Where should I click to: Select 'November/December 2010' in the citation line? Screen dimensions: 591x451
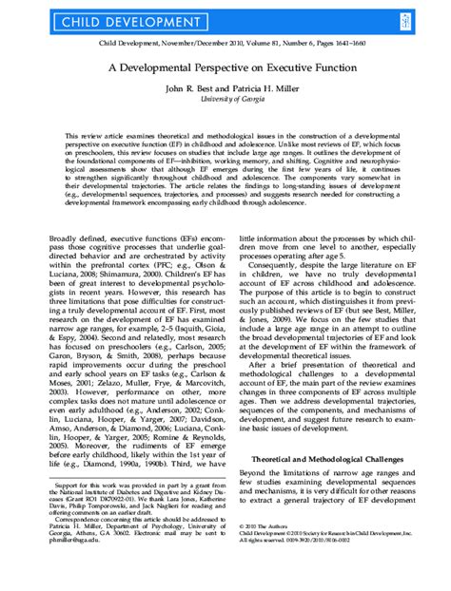(191, 43)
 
